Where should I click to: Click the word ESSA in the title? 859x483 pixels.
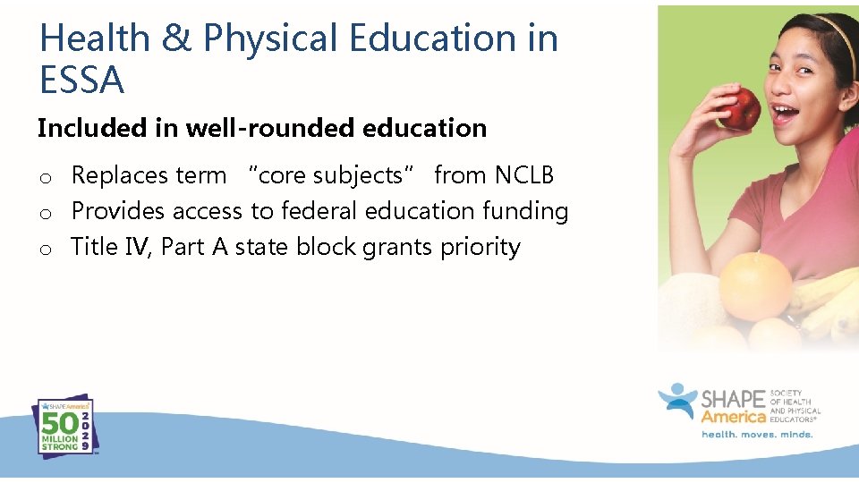81,80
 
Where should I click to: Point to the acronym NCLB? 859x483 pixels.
524,175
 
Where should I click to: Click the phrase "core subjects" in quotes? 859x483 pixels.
330,175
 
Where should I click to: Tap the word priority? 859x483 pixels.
480,248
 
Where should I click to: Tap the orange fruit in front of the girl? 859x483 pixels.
754,285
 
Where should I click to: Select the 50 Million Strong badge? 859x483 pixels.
63,428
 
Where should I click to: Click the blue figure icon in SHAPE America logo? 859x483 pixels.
677,403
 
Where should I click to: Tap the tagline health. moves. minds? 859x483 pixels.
756,435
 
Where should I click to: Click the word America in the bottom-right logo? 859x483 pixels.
734,417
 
